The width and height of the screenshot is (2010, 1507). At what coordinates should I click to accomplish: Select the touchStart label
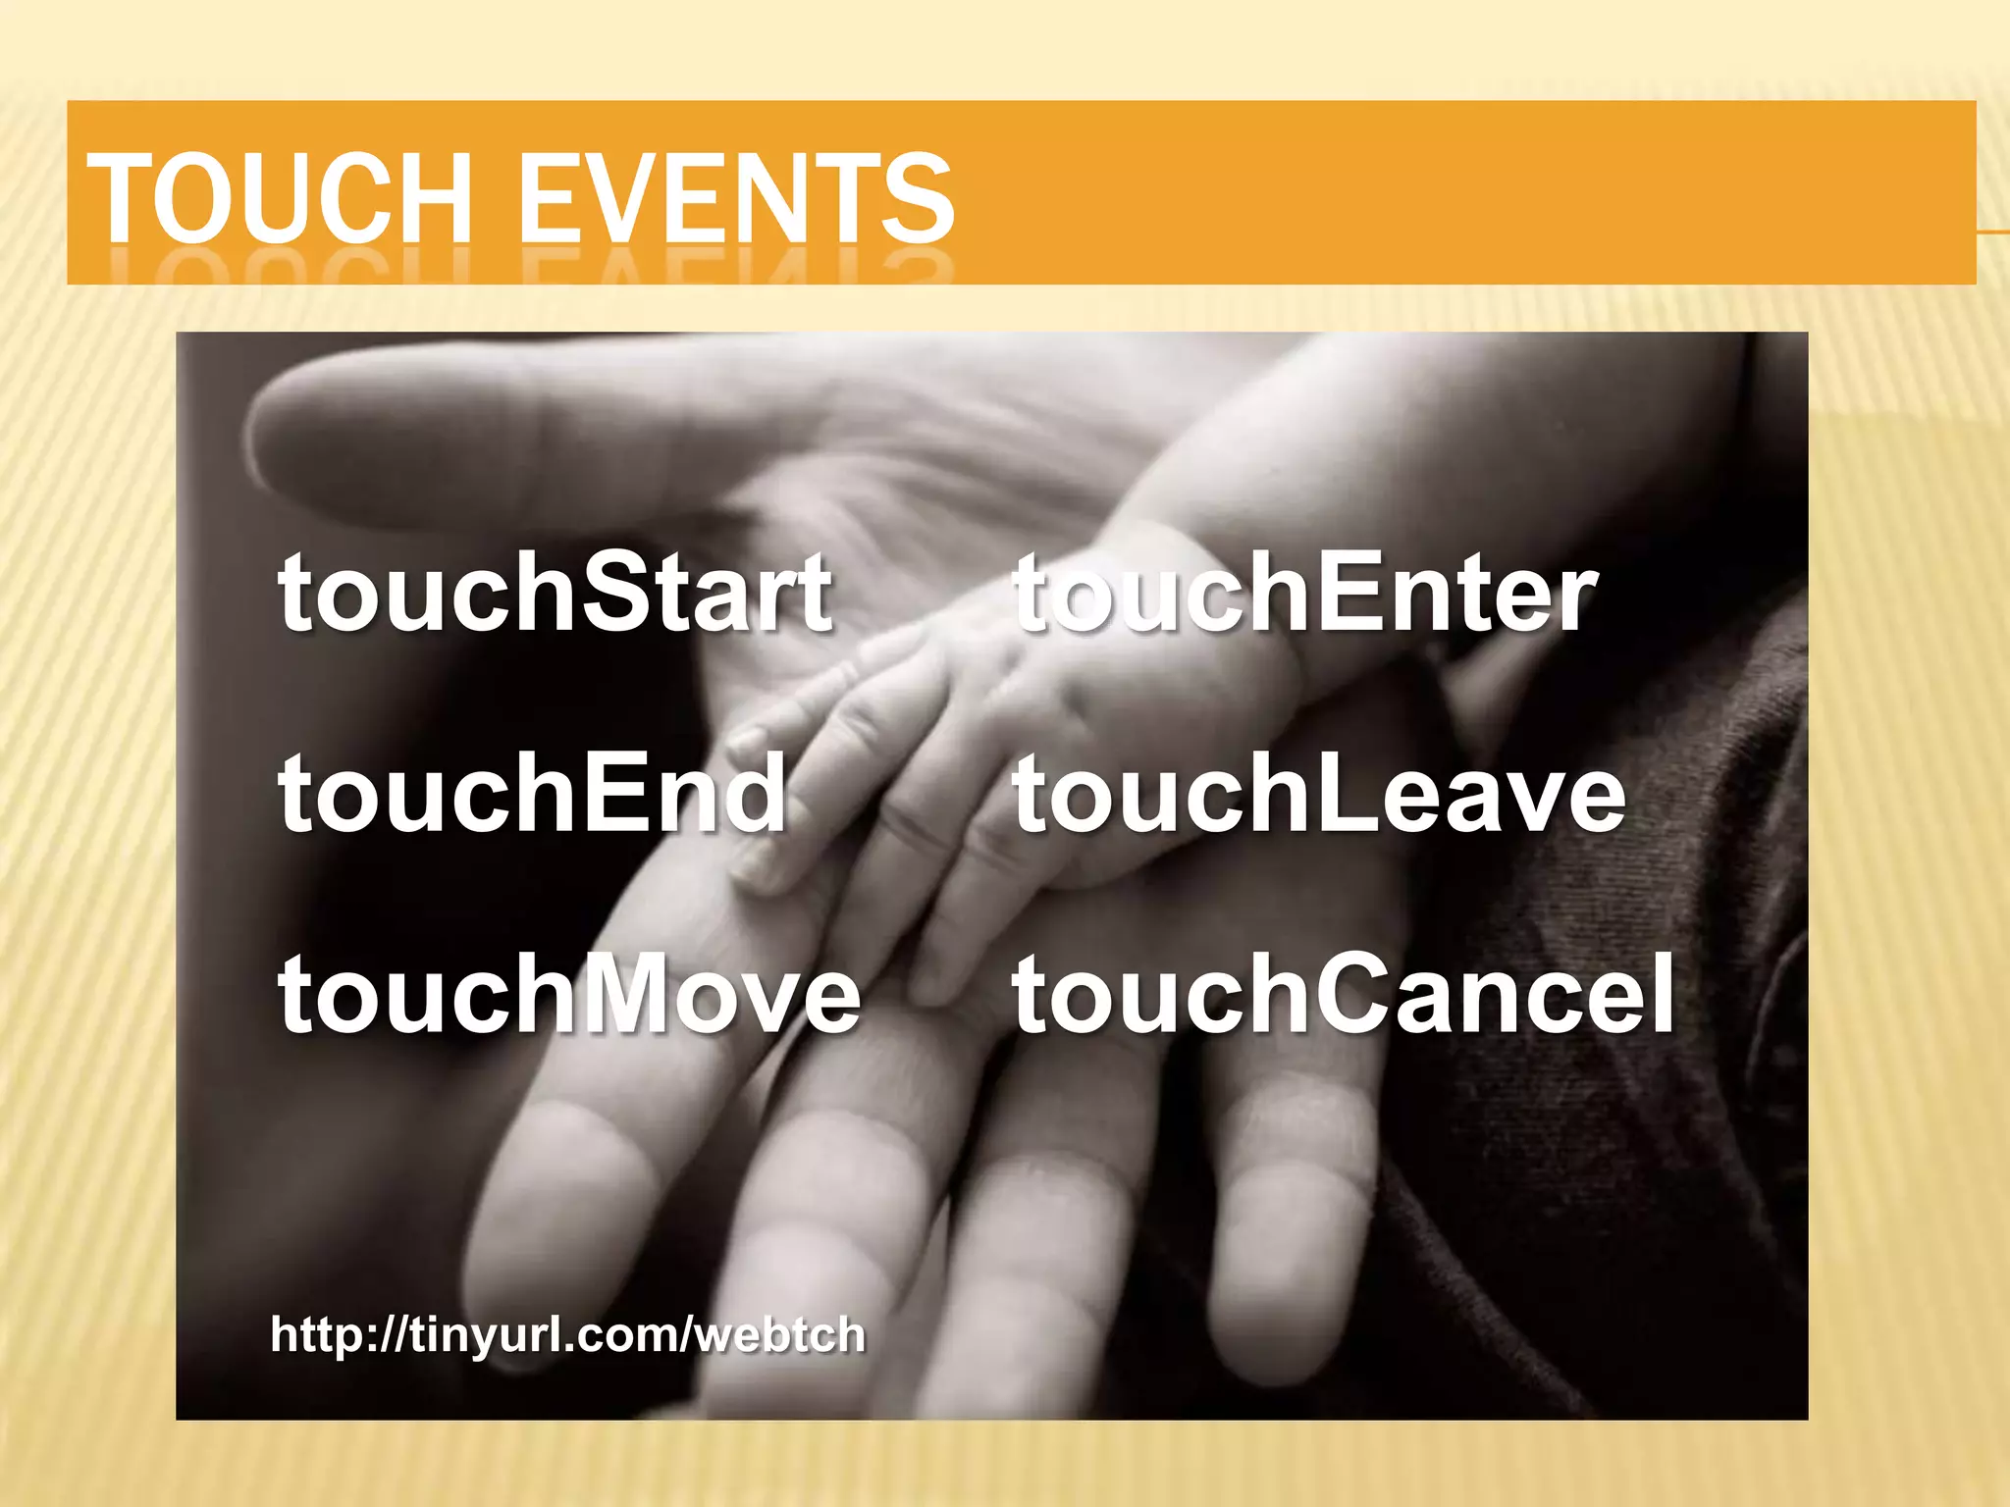555,592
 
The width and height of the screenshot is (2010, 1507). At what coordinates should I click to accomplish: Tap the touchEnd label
532,793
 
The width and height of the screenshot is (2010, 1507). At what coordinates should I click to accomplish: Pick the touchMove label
569,994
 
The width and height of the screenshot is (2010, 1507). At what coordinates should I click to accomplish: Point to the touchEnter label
1305,592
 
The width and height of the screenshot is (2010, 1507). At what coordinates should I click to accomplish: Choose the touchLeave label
1319,793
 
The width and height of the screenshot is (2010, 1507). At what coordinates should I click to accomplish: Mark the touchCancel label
1344,994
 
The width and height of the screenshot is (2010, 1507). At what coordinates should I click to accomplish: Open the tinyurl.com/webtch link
568,1335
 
